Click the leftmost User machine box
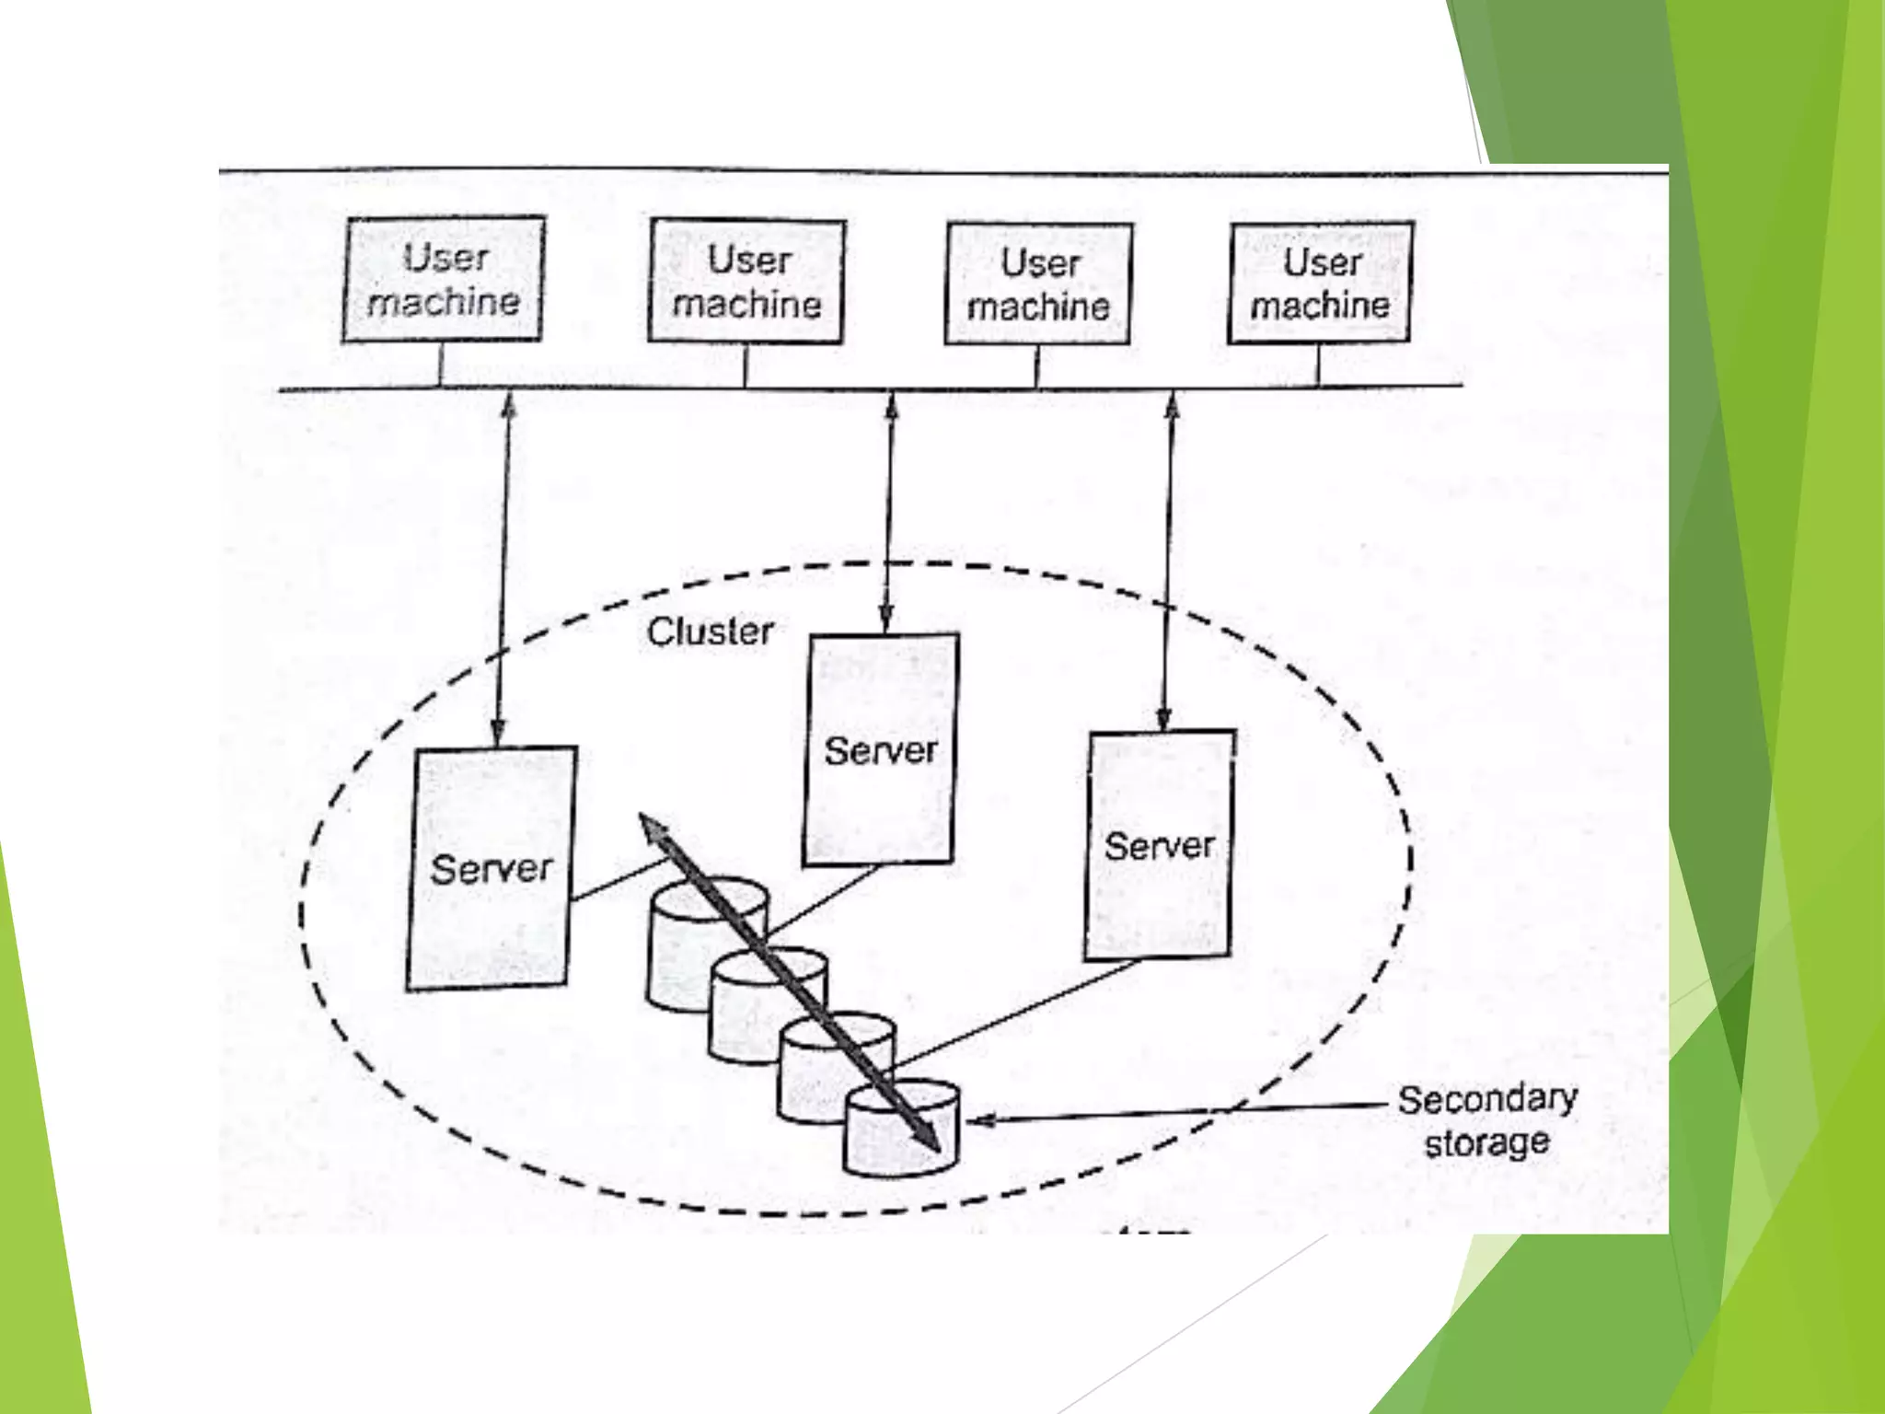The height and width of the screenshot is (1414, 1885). click(x=443, y=280)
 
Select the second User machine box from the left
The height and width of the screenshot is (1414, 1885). click(x=746, y=282)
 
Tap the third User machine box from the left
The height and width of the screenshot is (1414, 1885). click(x=1039, y=284)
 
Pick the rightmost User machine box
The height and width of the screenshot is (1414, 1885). click(x=1320, y=283)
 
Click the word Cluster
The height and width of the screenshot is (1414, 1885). click(x=710, y=632)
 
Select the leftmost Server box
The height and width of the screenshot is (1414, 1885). click(x=491, y=868)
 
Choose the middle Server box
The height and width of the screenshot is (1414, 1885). click(x=881, y=749)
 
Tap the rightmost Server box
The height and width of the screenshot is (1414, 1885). click(x=1160, y=845)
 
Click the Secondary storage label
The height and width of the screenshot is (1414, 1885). click(x=1486, y=1120)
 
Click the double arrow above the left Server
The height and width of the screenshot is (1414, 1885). click(x=503, y=571)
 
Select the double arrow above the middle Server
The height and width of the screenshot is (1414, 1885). click(x=888, y=512)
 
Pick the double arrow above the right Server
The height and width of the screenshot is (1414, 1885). click(x=1168, y=562)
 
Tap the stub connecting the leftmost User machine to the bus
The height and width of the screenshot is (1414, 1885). click(x=441, y=365)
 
